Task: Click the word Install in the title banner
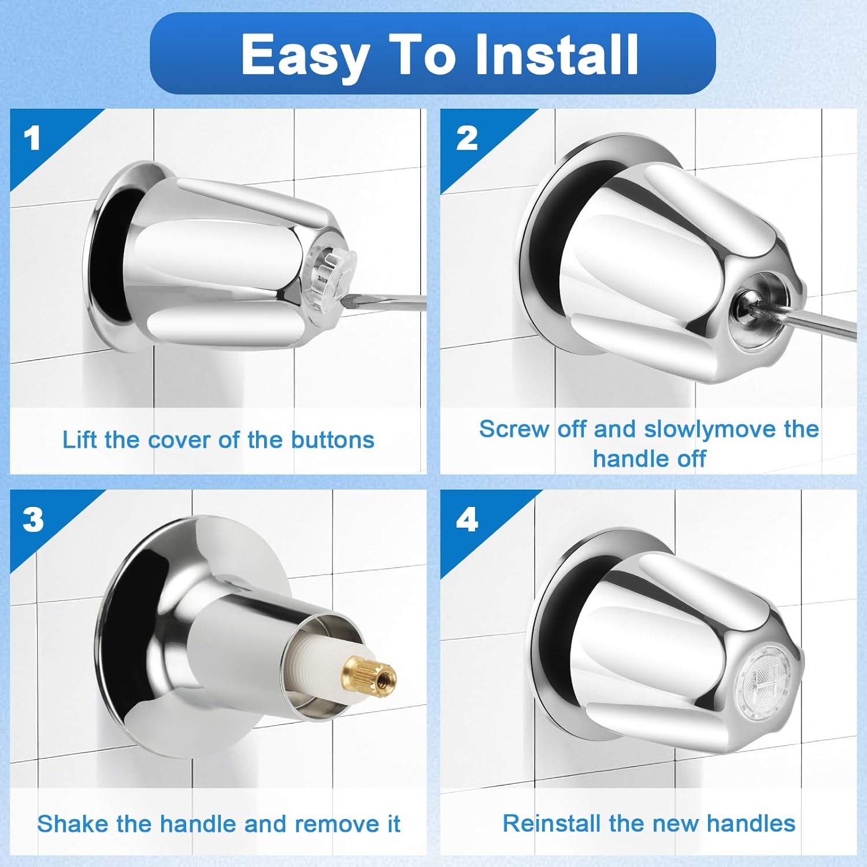pyautogui.click(x=556, y=54)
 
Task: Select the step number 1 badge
pyautogui.click(x=32, y=139)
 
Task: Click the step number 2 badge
pyautogui.click(x=467, y=139)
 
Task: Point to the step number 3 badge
pyautogui.click(x=34, y=519)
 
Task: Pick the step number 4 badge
pyautogui.click(x=467, y=519)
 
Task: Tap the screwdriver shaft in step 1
pyautogui.click(x=393, y=301)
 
